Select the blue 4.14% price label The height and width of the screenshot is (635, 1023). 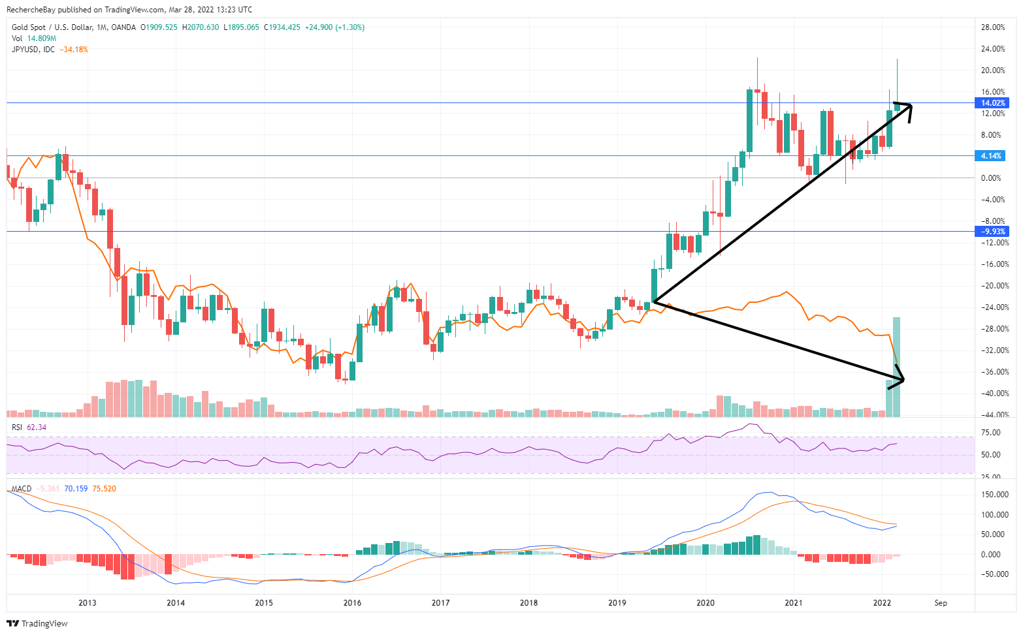[x=991, y=156]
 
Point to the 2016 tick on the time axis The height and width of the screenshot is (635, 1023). [x=352, y=602]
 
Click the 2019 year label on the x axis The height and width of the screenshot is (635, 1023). [x=617, y=602]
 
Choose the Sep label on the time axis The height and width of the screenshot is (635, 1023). [x=940, y=602]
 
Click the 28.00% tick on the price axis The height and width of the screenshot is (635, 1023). [x=993, y=27]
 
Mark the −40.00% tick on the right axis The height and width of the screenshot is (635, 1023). [x=993, y=394]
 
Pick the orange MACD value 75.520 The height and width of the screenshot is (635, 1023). [x=104, y=489]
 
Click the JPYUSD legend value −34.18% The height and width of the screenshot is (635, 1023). [x=73, y=50]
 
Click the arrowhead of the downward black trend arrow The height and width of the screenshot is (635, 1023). [x=902, y=379]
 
